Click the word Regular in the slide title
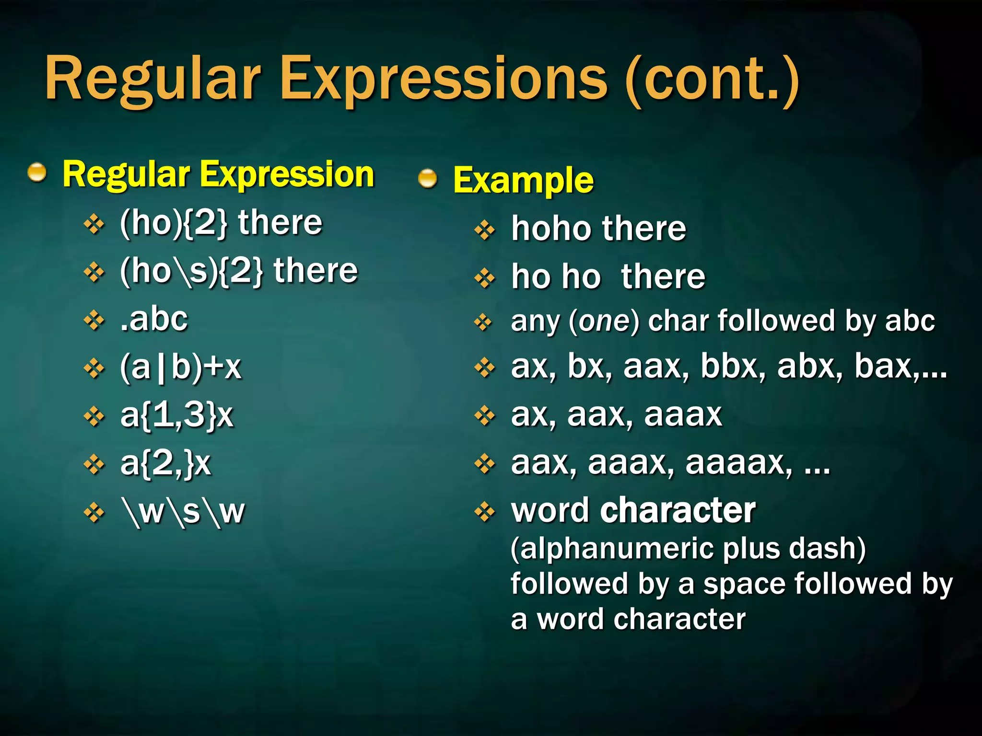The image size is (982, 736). pyautogui.click(x=152, y=79)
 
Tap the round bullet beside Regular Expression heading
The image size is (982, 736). pyautogui.click(x=37, y=173)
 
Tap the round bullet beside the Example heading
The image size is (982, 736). pyautogui.click(x=427, y=179)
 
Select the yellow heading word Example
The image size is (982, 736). pyautogui.click(x=523, y=180)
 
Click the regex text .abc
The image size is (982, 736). pyautogui.click(x=153, y=319)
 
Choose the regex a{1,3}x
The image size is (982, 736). pyautogui.click(x=176, y=415)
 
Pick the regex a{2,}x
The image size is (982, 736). pyautogui.click(x=165, y=463)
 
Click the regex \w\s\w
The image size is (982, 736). pyautogui.click(x=183, y=512)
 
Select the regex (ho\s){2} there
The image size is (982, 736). pyautogui.click(x=238, y=271)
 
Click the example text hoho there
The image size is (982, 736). pyautogui.click(x=598, y=229)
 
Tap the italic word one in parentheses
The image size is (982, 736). pyautogui.click(x=604, y=321)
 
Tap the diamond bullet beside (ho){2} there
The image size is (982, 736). pyautogui.click(x=94, y=224)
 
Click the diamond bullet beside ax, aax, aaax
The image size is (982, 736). pyautogui.click(x=485, y=415)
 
